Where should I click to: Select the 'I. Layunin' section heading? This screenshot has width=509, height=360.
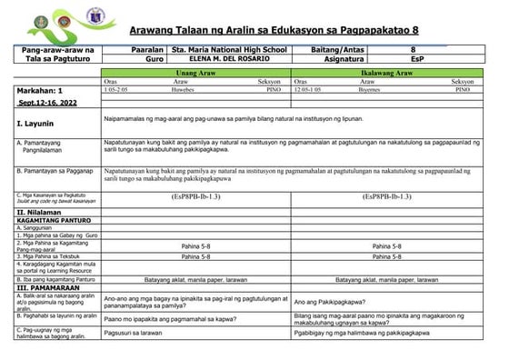click(x=37, y=121)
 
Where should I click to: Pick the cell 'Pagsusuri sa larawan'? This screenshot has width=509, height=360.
click(x=137, y=335)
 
